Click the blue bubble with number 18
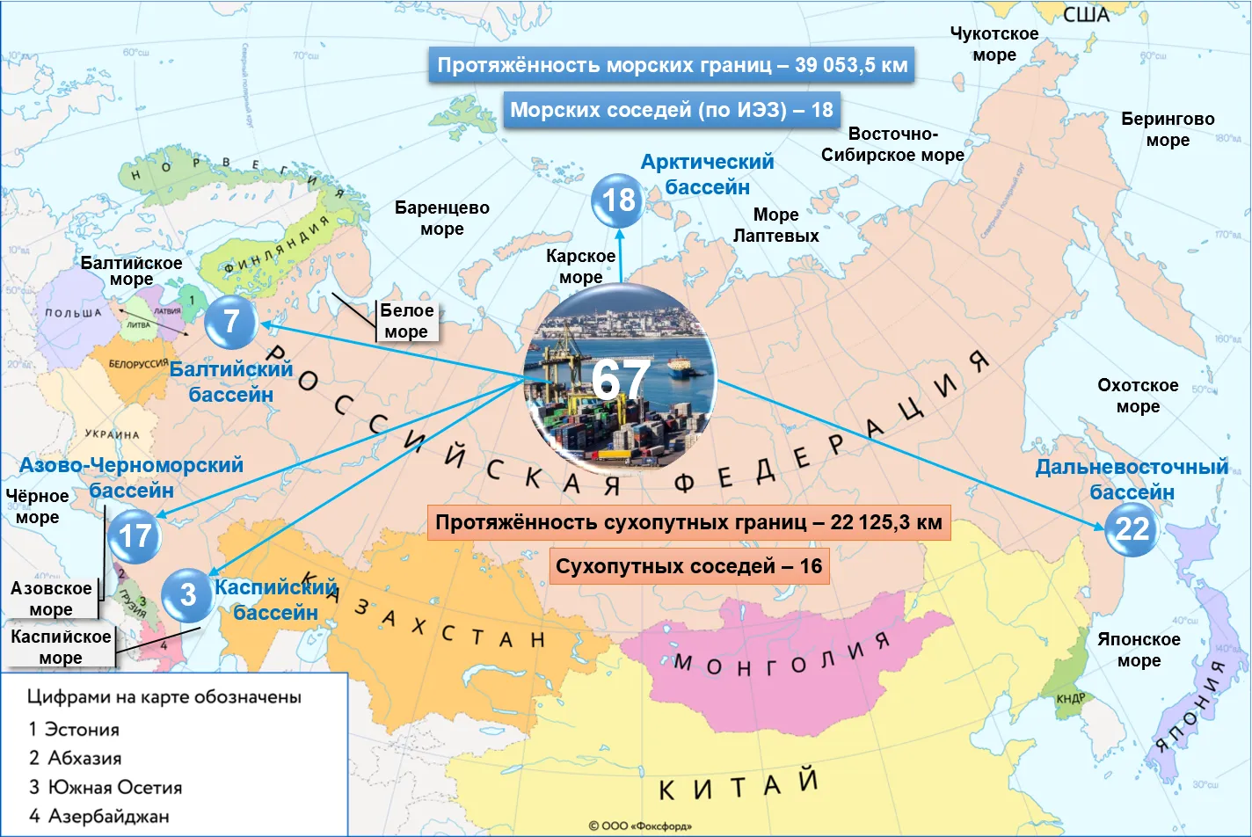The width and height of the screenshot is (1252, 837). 617,200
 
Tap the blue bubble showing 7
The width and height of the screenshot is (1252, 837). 230,322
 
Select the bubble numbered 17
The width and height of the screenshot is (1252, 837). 135,536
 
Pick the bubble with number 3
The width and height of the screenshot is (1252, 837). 187,595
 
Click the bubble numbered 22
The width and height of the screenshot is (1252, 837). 1132,529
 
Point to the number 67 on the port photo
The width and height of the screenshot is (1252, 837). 621,380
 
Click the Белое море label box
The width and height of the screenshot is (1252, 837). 406,321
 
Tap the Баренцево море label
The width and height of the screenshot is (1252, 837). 441,218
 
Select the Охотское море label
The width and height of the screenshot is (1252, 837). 1138,396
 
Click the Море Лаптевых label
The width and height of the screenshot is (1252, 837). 775,225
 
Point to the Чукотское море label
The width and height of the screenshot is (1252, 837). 994,44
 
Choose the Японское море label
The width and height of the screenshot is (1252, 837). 1139,650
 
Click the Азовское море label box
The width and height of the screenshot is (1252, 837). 51,599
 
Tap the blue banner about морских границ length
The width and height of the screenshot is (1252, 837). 672,66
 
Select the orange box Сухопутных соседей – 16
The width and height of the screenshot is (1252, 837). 688,566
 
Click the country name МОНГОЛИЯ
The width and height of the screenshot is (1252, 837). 782,655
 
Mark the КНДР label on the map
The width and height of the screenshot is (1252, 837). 1071,698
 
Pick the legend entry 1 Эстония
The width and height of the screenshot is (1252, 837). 74,729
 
